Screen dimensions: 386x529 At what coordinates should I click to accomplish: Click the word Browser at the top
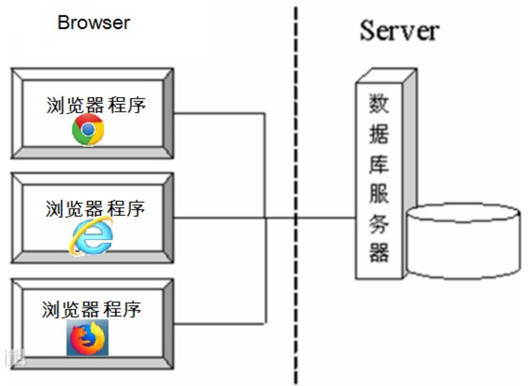coord(93,22)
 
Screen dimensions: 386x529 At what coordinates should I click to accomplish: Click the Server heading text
coord(399,31)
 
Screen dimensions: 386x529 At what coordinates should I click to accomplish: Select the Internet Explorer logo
coord(92,236)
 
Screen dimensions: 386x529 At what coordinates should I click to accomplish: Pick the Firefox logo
coord(87,337)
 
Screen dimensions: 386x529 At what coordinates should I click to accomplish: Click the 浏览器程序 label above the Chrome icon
coord(96,105)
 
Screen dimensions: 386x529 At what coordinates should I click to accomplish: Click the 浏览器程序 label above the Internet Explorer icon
coord(95,208)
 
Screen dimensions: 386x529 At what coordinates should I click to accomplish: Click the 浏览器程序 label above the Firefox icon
coord(92,310)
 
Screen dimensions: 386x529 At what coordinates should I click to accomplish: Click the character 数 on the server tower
coord(379,103)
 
